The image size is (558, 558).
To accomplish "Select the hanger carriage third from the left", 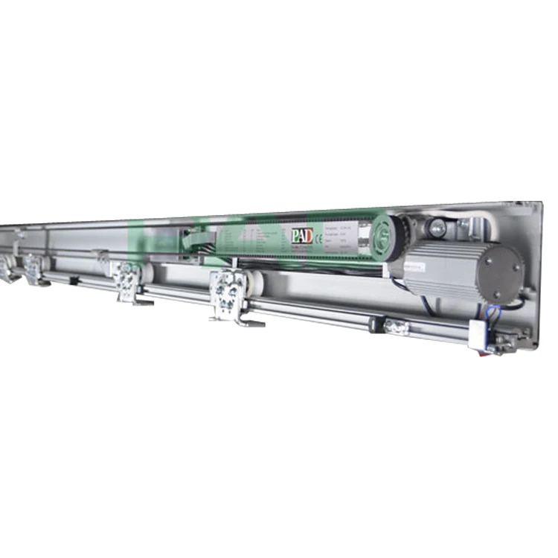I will point(128,282).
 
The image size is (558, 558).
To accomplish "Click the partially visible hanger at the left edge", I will point(6,267).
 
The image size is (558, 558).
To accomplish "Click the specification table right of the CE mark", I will point(344,237).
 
